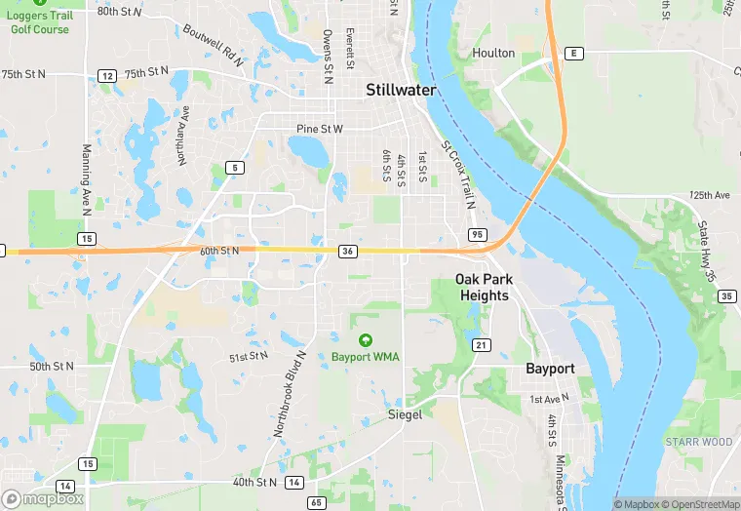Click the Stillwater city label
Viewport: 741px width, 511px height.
click(x=401, y=90)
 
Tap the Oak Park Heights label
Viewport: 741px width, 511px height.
click(x=484, y=288)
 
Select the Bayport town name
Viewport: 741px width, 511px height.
click(x=550, y=369)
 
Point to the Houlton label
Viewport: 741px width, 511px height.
click(x=493, y=53)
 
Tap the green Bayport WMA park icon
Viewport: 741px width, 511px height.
click(x=365, y=340)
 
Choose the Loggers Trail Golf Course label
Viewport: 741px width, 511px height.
click(x=40, y=22)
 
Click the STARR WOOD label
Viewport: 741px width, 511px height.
click(x=699, y=442)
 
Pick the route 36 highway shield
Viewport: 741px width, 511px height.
click(x=347, y=252)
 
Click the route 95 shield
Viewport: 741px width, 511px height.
click(x=477, y=235)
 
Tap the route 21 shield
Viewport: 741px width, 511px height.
click(x=481, y=345)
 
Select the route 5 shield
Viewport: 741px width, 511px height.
click(x=233, y=168)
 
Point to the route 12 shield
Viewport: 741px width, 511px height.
click(x=107, y=75)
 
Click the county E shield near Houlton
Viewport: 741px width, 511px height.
click(x=575, y=53)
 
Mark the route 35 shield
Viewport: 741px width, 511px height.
click(x=726, y=295)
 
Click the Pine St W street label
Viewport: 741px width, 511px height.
click(x=320, y=129)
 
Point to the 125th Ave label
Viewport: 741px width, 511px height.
click(x=709, y=195)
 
